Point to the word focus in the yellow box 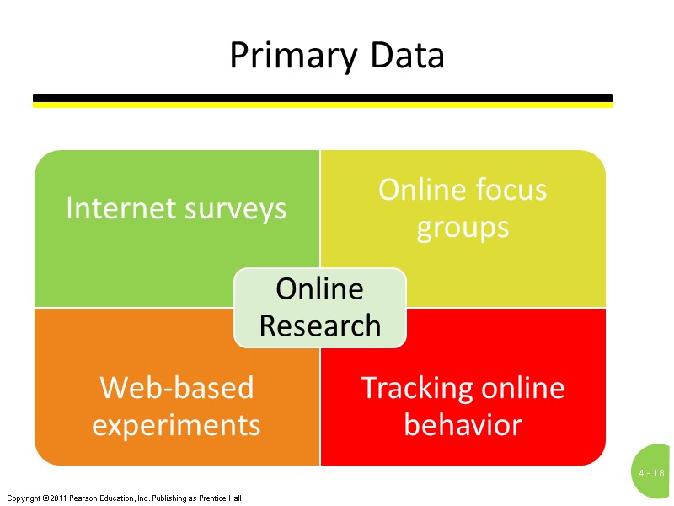click(509, 190)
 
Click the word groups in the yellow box click(463, 228)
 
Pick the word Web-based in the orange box click(176, 388)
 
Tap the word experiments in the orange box click(176, 424)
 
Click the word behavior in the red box click(463, 424)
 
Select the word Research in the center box click(320, 326)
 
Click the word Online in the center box click(320, 289)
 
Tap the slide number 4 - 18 click(652, 474)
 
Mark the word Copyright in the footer click(22, 498)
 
